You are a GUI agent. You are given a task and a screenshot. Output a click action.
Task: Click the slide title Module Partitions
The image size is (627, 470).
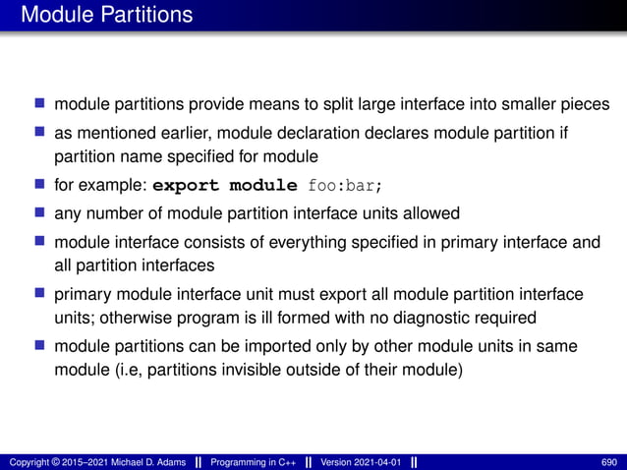pyautogui.click(x=106, y=15)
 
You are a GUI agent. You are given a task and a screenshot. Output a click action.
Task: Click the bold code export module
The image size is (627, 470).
pyautogui.click(x=225, y=184)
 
